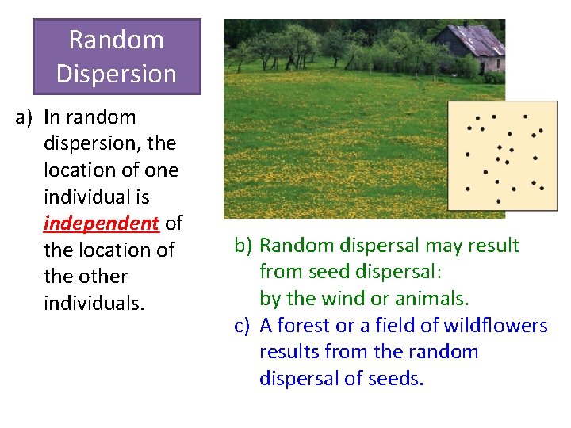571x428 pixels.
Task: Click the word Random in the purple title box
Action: click(x=116, y=40)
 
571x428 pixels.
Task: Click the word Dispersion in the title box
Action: click(x=116, y=74)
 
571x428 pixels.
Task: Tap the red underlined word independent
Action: click(x=101, y=223)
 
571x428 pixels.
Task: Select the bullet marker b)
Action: click(x=243, y=246)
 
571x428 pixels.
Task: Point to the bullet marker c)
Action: click(x=243, y=326)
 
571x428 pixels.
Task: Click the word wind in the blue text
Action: click(x=338, y=299)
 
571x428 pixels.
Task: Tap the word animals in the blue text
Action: click(x=435, y=299)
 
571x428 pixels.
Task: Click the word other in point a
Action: click(x=105, y=277)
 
